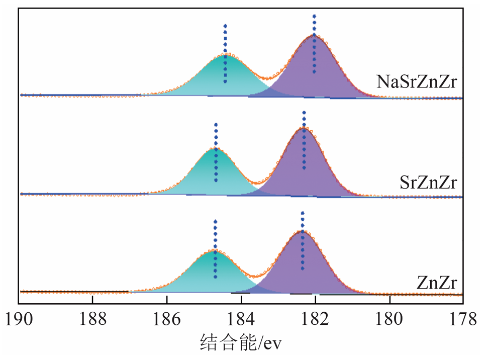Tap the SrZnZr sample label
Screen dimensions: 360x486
[428, 183]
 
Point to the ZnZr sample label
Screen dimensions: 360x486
[436, 284]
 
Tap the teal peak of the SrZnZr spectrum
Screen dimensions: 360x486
[216, 173]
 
